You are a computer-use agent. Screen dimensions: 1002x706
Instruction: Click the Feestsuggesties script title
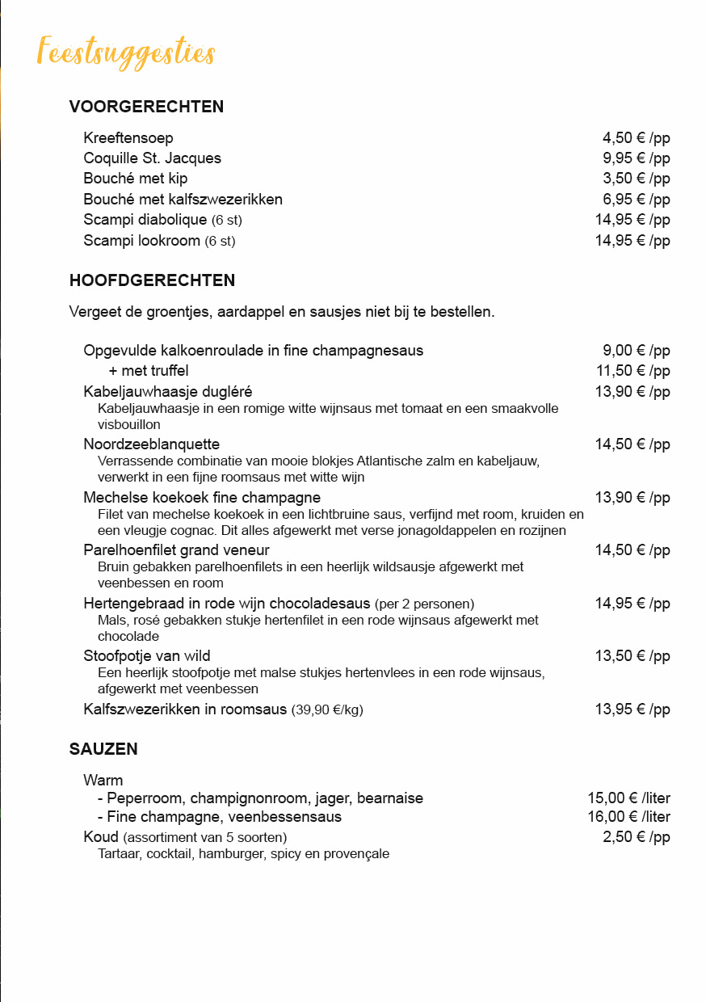[126, 52]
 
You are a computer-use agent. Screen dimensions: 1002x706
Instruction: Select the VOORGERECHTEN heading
[146, 107]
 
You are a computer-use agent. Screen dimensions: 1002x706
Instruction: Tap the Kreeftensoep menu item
[128, 138]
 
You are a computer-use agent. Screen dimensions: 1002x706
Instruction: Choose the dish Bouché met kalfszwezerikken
[183, 199]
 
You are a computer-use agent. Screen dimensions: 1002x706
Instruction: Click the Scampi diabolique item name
[145, 220]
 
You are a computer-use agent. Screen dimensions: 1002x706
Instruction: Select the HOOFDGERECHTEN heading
[152, 281]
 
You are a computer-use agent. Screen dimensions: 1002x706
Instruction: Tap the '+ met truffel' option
[149, 371]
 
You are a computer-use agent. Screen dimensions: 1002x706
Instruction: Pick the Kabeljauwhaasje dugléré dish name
[168, 392]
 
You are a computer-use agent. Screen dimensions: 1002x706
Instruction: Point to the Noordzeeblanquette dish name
[151, 444]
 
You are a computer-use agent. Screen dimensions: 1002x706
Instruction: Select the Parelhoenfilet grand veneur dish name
[176, 550]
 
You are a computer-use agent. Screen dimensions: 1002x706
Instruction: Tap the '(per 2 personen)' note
[424, 604]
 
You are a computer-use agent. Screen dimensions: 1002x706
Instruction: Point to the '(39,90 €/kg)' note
[327, 710]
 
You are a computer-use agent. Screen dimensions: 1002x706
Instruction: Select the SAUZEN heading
[103, 749]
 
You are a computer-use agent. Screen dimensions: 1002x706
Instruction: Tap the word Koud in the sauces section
[101, 836]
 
